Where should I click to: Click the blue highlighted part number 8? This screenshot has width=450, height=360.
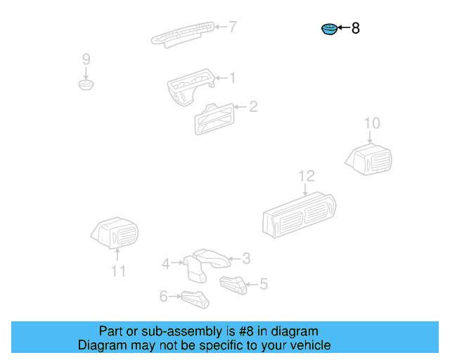(328, 30)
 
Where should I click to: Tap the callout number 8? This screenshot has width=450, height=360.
(356, 29)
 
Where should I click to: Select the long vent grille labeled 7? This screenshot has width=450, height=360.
(183, 34)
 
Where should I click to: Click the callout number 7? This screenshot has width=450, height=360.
(232, 27)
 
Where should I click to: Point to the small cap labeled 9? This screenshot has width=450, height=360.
(86, 86)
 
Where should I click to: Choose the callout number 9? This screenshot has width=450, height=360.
(86, 58)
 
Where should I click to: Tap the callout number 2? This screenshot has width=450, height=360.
(253, 107)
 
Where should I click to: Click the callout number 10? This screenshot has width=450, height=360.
(372, 124)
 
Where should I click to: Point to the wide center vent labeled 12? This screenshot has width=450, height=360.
(298, 214)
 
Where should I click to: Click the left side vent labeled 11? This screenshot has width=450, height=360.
(116, 233)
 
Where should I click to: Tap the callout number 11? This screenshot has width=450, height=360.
(118, 271)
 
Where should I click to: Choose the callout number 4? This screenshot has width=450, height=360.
(165, 264)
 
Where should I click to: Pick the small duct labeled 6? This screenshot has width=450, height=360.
(195, 299)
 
